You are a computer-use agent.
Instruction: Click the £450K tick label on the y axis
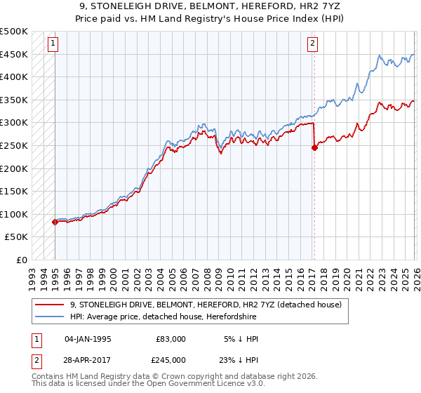point(14,54)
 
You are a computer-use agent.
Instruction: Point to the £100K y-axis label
point(14,214)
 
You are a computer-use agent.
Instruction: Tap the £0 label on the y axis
point(22,260)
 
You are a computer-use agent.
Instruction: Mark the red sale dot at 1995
point(55,222)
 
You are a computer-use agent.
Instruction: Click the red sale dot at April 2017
point(314,147)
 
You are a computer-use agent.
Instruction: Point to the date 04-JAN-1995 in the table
point(88,339)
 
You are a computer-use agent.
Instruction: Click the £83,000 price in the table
point(171,339)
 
